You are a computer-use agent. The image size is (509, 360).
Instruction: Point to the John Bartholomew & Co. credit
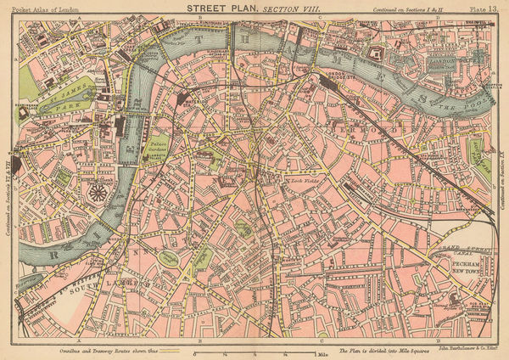[475, 350]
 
